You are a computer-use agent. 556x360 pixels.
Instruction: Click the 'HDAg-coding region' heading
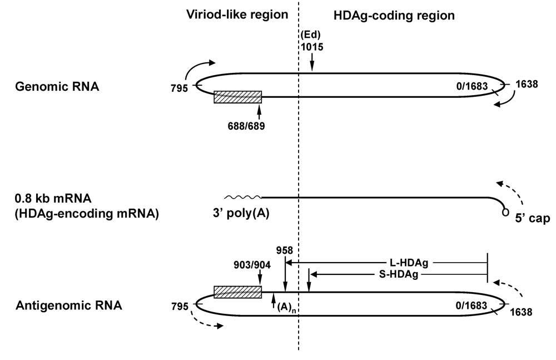pos(394,16)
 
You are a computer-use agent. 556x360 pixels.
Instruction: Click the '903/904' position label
pos(252,264)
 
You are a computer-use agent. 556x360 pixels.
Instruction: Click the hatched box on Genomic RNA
pos(237,97)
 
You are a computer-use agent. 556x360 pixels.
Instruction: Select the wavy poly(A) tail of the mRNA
pos(242,197)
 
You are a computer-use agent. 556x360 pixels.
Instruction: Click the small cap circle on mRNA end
pos(505,211)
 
